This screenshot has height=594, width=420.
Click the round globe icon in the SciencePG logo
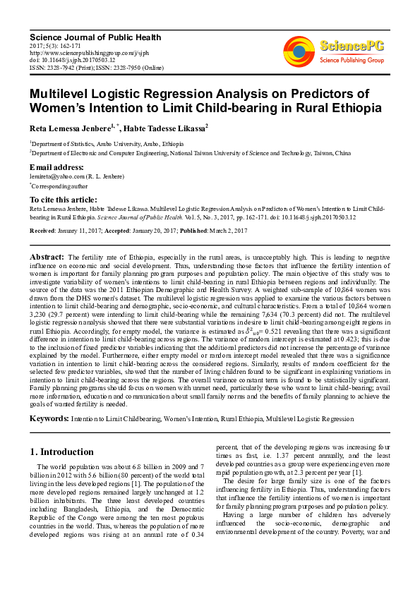(299, 50)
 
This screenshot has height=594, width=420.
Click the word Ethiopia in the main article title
(351, 108)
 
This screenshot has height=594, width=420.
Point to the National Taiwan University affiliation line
(191, 152)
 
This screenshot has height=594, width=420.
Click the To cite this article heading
(64, 200)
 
